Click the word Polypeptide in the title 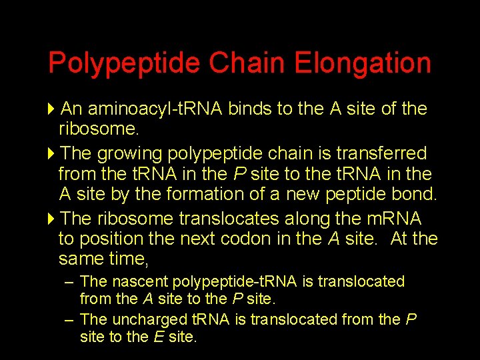pos(124,64)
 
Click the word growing pos(129,154)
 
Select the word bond pos(416,194)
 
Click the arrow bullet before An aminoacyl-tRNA pos(53,109)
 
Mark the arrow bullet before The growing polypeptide pos(53,154)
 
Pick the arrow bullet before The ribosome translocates pos(53,219)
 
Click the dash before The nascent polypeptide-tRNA pos(69,282)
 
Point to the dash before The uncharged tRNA pos(69,319)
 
